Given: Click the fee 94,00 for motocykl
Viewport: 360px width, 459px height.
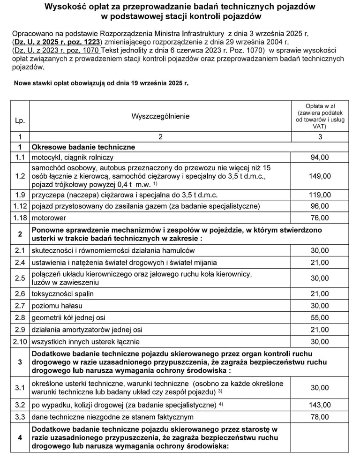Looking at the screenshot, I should tap(320, 158).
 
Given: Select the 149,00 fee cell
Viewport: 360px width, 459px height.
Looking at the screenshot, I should tap(320, 176).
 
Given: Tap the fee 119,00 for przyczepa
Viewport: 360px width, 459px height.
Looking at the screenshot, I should tap(320, 195).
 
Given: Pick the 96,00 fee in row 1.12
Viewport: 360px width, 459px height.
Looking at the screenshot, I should tap(320, 206).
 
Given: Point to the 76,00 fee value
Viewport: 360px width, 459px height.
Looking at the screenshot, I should tap(320, 218).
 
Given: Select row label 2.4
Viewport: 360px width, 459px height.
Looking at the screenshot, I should tap(20, 263).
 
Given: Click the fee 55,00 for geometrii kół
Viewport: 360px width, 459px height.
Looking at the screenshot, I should tap(320, 317).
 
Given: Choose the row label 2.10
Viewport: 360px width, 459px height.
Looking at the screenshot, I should tap(20, 342).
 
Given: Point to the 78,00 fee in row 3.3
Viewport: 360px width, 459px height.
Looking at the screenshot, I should tap(320, 417).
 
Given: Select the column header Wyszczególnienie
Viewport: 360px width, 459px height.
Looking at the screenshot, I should tap(160, 116).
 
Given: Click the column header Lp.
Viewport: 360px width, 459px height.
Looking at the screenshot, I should tap(20, 121).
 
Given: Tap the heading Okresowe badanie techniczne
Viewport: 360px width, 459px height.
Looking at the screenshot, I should tap(83, 147).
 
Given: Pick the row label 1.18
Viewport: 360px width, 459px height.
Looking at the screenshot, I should tap(20, 218).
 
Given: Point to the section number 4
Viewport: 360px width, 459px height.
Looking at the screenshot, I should tap(20, 437).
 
